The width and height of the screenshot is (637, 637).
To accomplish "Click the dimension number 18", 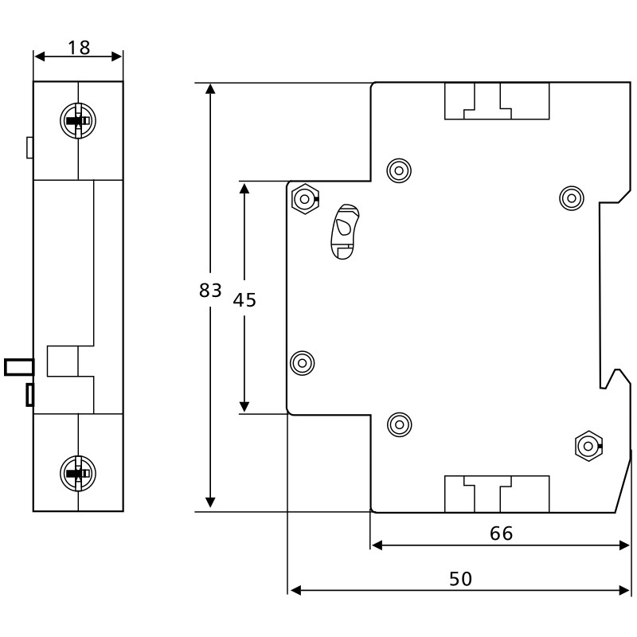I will tap(78, 48).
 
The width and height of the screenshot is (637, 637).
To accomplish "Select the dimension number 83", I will tap(209, 291).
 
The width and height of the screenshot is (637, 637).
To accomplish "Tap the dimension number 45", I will tap(244, 300).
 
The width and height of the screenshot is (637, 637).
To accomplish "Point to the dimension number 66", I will tap(501, 533).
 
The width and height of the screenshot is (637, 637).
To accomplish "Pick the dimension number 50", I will tap(460, 579).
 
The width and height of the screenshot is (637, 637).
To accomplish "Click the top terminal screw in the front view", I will tap(77, 121).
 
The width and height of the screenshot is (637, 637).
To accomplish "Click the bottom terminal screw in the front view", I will tap(77, 472).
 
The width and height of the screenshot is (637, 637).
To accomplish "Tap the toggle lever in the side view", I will tap(345, 231).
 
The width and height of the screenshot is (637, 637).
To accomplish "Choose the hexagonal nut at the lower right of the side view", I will tap(587, 445).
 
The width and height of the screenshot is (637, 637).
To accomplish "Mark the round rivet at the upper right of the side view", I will tap(571, 197).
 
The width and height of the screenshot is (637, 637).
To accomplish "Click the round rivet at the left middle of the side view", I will tap(302, 363).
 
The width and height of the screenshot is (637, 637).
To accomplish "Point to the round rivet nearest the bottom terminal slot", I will tap(399, 424).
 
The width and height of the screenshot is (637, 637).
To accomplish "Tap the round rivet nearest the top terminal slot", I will tap(397, 170).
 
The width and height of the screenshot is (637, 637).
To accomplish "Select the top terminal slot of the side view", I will tap(496, 101).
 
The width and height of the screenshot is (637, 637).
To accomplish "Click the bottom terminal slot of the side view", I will tap(496, 493).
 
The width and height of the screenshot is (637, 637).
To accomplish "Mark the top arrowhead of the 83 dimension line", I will tap(210, 88).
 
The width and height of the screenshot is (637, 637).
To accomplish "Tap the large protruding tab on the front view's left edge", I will tap(18, 366).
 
